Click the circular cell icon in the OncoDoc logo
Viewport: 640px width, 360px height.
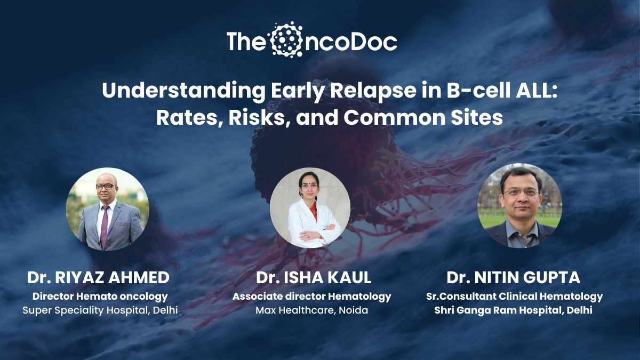tap(286, 39)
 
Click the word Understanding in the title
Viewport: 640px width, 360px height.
tap(183, 91)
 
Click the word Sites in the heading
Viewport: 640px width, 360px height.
tap(477, 117)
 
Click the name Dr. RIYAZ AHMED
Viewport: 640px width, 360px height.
tap(98, 278)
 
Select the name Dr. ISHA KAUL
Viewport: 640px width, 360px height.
tap(314, 278)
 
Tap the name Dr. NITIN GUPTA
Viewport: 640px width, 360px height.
tap(514, 278)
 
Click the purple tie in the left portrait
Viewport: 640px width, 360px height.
tap(104, 226)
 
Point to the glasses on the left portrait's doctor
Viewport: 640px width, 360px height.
tap(106, 186)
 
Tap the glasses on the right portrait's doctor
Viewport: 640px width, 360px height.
tap(522, 193)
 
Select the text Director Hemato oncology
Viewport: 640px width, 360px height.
tap(100, 297)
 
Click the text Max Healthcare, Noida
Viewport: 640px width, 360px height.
tap(311, 310)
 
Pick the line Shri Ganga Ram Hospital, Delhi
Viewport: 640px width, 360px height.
tap(513, 310)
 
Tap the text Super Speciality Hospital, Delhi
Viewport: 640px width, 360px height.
tap(100, 310)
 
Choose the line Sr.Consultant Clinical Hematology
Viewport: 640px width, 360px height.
tap(514, 297)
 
